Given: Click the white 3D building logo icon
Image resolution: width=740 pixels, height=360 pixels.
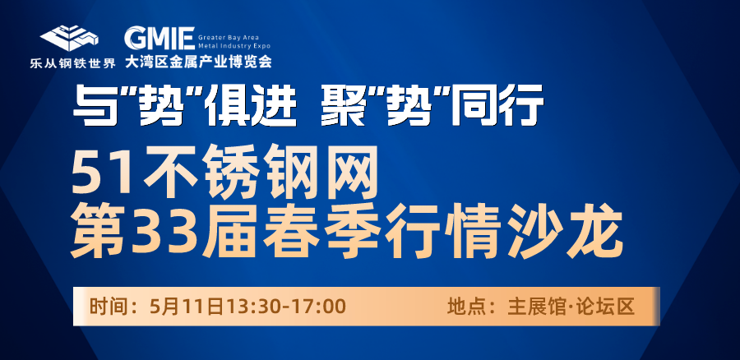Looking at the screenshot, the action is click(x=69, y=38).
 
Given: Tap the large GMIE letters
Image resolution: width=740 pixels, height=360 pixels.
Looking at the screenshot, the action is click(x=160, y=38).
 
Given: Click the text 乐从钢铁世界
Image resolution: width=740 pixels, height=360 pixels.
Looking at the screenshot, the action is click(x=72, y=63).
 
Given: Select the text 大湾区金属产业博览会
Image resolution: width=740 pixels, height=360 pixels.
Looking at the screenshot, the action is click(x=198, y=62).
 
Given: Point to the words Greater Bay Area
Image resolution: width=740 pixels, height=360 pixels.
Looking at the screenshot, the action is click(x=229, y=36).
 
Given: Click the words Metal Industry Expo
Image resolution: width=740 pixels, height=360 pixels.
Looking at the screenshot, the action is click(x=234, y=46).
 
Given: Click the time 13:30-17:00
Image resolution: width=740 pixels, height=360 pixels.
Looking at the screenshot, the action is click(x=287, y=307).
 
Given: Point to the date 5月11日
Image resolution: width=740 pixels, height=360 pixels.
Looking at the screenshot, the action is click(x=187, y=307).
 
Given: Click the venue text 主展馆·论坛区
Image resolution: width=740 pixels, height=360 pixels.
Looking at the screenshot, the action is click(x=571, y=307).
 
